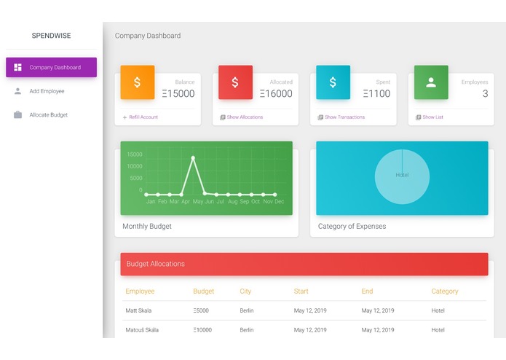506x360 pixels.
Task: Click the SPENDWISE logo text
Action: [51, 35]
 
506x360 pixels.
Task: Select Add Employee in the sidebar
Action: [47, 91]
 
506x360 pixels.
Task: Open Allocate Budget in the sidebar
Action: [48, 115]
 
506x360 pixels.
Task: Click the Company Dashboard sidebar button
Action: [51, 68]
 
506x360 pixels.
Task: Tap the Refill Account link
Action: [143, 117]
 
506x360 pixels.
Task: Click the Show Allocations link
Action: [245, 117]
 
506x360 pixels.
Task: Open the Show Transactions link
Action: [344, 117]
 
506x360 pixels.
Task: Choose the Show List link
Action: [432, 117]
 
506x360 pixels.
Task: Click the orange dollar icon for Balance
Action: [138, 82]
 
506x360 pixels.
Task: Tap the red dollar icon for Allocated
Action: [235, 82]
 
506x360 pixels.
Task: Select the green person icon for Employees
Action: [431, 82]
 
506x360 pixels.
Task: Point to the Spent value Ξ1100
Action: [376, 93]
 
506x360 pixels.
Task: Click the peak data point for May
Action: [193, 157]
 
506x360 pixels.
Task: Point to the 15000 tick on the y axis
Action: [135, 154]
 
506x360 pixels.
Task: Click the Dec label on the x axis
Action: [279, 202]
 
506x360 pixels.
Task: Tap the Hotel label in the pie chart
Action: [402, 175]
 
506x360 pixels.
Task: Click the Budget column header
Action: [204, 291]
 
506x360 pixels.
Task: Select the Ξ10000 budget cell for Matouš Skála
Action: [204, 330]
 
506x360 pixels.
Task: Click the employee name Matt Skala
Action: [139, 311]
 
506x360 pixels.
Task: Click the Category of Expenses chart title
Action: [352, 227]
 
